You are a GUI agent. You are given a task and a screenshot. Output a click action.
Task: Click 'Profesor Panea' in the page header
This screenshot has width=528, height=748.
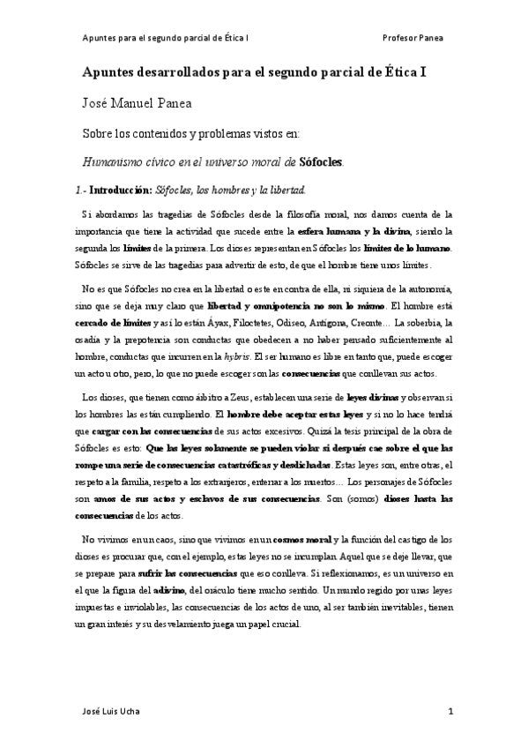[x=413, y=39]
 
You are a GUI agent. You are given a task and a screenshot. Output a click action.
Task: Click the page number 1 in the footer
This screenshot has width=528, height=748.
[x=450, y=711]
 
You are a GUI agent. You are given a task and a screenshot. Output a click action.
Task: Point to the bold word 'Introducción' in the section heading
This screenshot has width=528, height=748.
[x=121, y=190]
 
